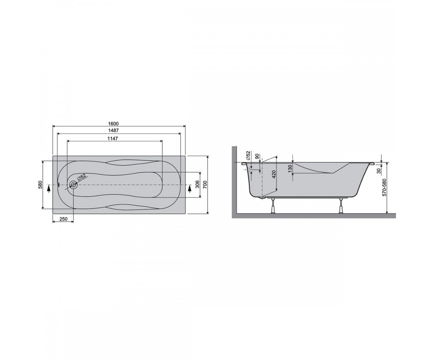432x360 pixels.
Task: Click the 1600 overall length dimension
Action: pyautogui.click(x=113, y=124)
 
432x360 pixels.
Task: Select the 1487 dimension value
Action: pyautogui.click(x=113, y=131)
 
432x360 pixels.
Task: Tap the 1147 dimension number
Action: pyautogui.click(x=113, y=138)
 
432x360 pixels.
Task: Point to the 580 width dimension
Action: pyautogui.click(x=40, y=185)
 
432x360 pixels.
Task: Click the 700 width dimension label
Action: pyautogui.click(x=205, y=185)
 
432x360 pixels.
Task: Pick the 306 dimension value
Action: pyautogui.click(x=198, y=185)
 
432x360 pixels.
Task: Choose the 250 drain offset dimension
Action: pyautogui.click(x=63, y=219)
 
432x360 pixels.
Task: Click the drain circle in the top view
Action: pyautogui.click(x=73, y=185)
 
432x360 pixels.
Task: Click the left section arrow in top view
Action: pyautogui.click(x=49, y=189)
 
